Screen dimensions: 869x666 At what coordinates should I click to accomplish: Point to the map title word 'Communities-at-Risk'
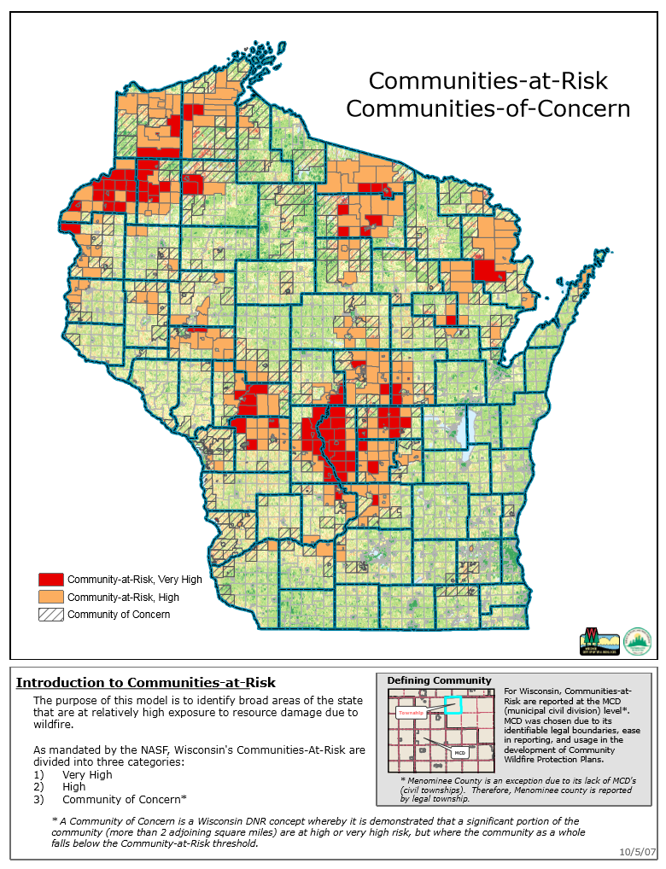click(x=488, y=81)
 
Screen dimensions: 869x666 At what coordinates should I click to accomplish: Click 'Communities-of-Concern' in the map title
click(x=488, y=108)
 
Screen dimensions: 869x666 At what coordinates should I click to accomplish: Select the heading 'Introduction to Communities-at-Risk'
click(x=146, y=682)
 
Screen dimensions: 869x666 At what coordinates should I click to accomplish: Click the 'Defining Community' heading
click(x=439, y=680)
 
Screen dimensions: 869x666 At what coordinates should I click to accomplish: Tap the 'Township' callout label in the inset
click(x=411, y=711)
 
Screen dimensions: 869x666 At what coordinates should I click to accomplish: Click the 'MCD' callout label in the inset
click(x=459, y=753)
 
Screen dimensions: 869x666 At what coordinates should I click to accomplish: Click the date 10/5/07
click(x=638, y=852)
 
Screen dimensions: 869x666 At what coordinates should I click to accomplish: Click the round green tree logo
click(x=637, y=641)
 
